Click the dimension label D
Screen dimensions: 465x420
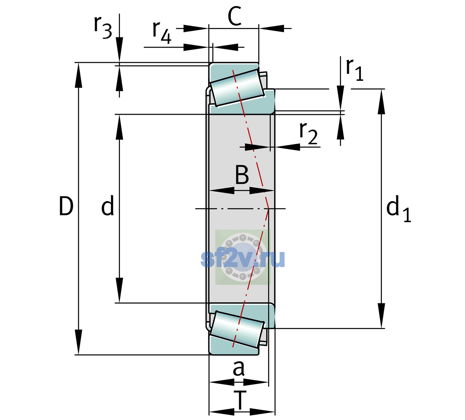tap(66, 206)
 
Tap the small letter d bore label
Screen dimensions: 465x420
tap(108, 205)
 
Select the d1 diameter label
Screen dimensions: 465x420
tap(398, 208)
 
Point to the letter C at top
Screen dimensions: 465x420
tap(235, 16)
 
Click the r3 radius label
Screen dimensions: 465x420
tap(103, 27)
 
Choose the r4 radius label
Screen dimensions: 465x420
tap(162, 33)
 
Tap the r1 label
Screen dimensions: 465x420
tap(355, 70)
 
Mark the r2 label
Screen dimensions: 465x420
tap(308, 133)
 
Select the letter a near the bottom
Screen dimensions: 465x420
tap(238, 369)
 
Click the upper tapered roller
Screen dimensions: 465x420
tap(237, 88)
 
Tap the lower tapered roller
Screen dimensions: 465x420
tap(237, 329)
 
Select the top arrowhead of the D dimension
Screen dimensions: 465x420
tap(78, 75)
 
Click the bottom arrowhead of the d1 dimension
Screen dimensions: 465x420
tap(381, 316)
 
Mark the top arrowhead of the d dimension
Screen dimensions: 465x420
tap(119, 127)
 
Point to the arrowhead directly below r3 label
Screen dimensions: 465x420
tap(119, 49)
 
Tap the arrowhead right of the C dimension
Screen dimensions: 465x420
tap(271, 28)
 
